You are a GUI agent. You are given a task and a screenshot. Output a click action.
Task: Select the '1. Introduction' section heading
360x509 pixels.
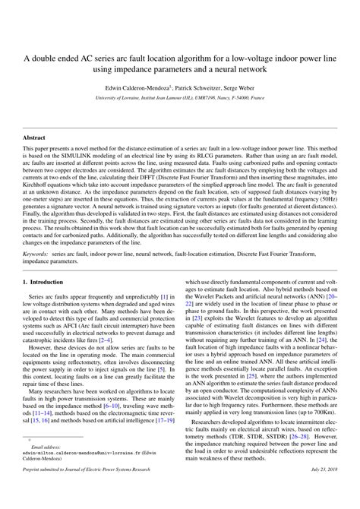(x=46, y=260)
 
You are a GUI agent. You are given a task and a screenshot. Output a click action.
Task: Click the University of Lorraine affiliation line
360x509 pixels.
(x=180, y=98)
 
